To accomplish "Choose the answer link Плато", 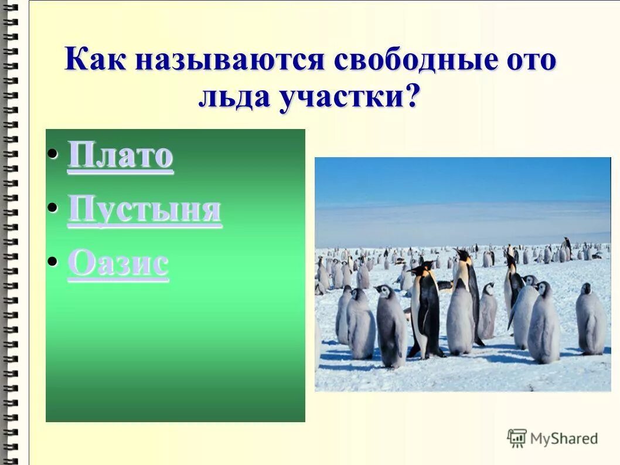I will pyautogui.click(x=120, y=156).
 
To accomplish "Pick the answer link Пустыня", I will pyautogui.click(x=144, y=210).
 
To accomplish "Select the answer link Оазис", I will pyautogui.click(x=118, y=264).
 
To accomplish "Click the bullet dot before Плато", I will pyautogui.click(x=53, y=154).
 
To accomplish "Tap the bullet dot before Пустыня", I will pyautogui.click(x=53, y=208).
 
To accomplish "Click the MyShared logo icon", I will pyautogui.click(x=517, y=437).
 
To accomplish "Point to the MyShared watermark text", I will pyautogui.click(x=564, y=439).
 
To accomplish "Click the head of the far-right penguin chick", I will pyautogui.click(x=585, y=289).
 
